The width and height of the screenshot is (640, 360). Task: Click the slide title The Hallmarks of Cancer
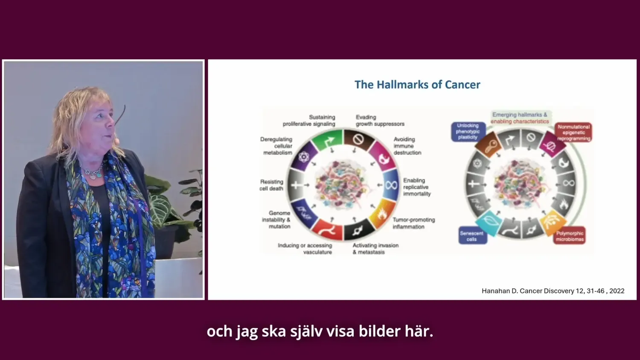pos(417,84)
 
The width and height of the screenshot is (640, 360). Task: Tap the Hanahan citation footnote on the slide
pos(553,291)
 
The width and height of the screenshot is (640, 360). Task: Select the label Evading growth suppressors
pos(380,120)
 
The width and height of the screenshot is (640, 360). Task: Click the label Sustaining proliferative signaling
pos(309,120)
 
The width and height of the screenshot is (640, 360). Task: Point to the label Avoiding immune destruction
pos(407,146)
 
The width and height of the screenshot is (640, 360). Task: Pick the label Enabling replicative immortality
pos(417,187)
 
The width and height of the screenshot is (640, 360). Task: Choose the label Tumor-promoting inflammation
pos(413,223)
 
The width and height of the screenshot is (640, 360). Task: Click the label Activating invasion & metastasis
pos(375,249)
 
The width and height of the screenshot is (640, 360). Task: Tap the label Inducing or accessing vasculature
pos(305,249)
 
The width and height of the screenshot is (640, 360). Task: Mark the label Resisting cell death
pos(271,185)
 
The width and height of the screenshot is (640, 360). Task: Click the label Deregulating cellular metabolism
pos(276,146)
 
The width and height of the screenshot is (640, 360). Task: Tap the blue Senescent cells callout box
pos(471,236)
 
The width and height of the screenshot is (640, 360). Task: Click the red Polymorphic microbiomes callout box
pos(570,236)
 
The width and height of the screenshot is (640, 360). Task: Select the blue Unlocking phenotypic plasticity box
pos(468,131)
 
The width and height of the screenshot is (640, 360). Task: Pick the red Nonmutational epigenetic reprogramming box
pos(573,133)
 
